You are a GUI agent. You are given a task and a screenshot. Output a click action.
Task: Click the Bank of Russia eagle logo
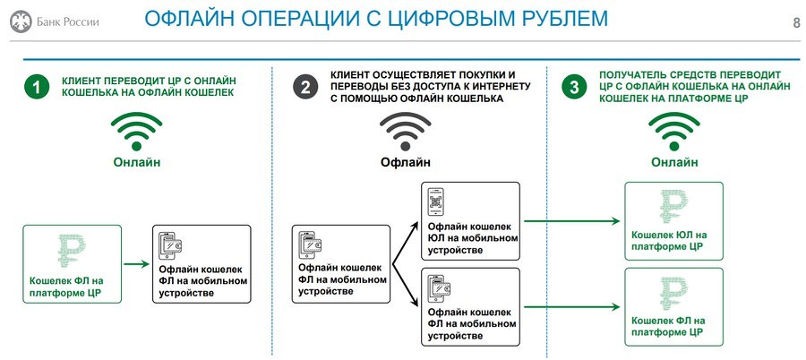[21, 21]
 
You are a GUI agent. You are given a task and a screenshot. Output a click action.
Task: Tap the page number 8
[797, 23]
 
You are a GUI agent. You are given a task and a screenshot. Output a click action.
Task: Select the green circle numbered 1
[37, 87]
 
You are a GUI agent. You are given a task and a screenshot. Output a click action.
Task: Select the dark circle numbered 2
[305, 87]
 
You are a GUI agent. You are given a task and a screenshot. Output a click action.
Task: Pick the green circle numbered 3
[574, 87]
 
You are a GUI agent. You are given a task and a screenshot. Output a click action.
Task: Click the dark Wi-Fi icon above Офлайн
[405, 131]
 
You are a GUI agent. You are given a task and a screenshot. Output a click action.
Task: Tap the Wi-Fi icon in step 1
[136, 131]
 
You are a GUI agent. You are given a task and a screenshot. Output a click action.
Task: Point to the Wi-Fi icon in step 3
[673, 131]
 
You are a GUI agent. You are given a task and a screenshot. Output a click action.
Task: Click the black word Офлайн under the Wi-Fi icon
[405, 162]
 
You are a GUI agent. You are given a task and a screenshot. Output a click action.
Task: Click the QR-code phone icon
[436, 201]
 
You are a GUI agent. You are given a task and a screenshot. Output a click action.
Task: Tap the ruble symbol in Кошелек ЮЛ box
[673, 207]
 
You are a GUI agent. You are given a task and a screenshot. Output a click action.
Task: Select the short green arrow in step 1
[136, 264]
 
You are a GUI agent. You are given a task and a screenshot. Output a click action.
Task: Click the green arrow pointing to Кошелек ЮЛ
[571, 221]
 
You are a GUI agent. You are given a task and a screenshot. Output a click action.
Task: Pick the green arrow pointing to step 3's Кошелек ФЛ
[571, 307]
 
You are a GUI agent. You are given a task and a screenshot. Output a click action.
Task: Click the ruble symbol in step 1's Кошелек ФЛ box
[72, 251]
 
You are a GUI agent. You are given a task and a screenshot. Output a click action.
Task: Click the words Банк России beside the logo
[68, 22]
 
